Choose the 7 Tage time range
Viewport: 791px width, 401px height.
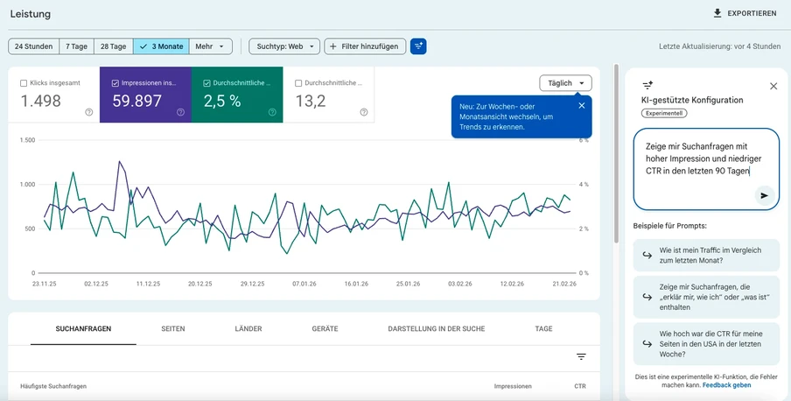pos(77,46)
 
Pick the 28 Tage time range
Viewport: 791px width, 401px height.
pos(113,46)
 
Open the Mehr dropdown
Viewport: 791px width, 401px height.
pos(211,46)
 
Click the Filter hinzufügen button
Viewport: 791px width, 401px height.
pos(365,46)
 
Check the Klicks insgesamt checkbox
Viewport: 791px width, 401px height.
pos(24,83)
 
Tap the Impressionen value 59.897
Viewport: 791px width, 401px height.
pos(137,101)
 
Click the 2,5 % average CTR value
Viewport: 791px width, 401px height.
pos(222,101)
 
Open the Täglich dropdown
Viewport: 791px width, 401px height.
pos(565,83)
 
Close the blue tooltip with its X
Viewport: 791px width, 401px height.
pos(582,106)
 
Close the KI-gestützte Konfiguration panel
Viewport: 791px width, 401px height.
pos(773,86)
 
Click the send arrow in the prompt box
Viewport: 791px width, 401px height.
pos(765,195)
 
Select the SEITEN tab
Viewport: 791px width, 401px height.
pos(173,328)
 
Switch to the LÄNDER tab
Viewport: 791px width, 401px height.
pos(248,328)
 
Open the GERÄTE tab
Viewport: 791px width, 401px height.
pos(325,328)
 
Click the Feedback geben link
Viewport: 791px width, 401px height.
pos(726,385)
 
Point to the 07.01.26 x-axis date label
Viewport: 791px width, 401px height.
pos(304,284)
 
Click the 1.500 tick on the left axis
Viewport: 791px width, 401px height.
pos(26,140)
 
